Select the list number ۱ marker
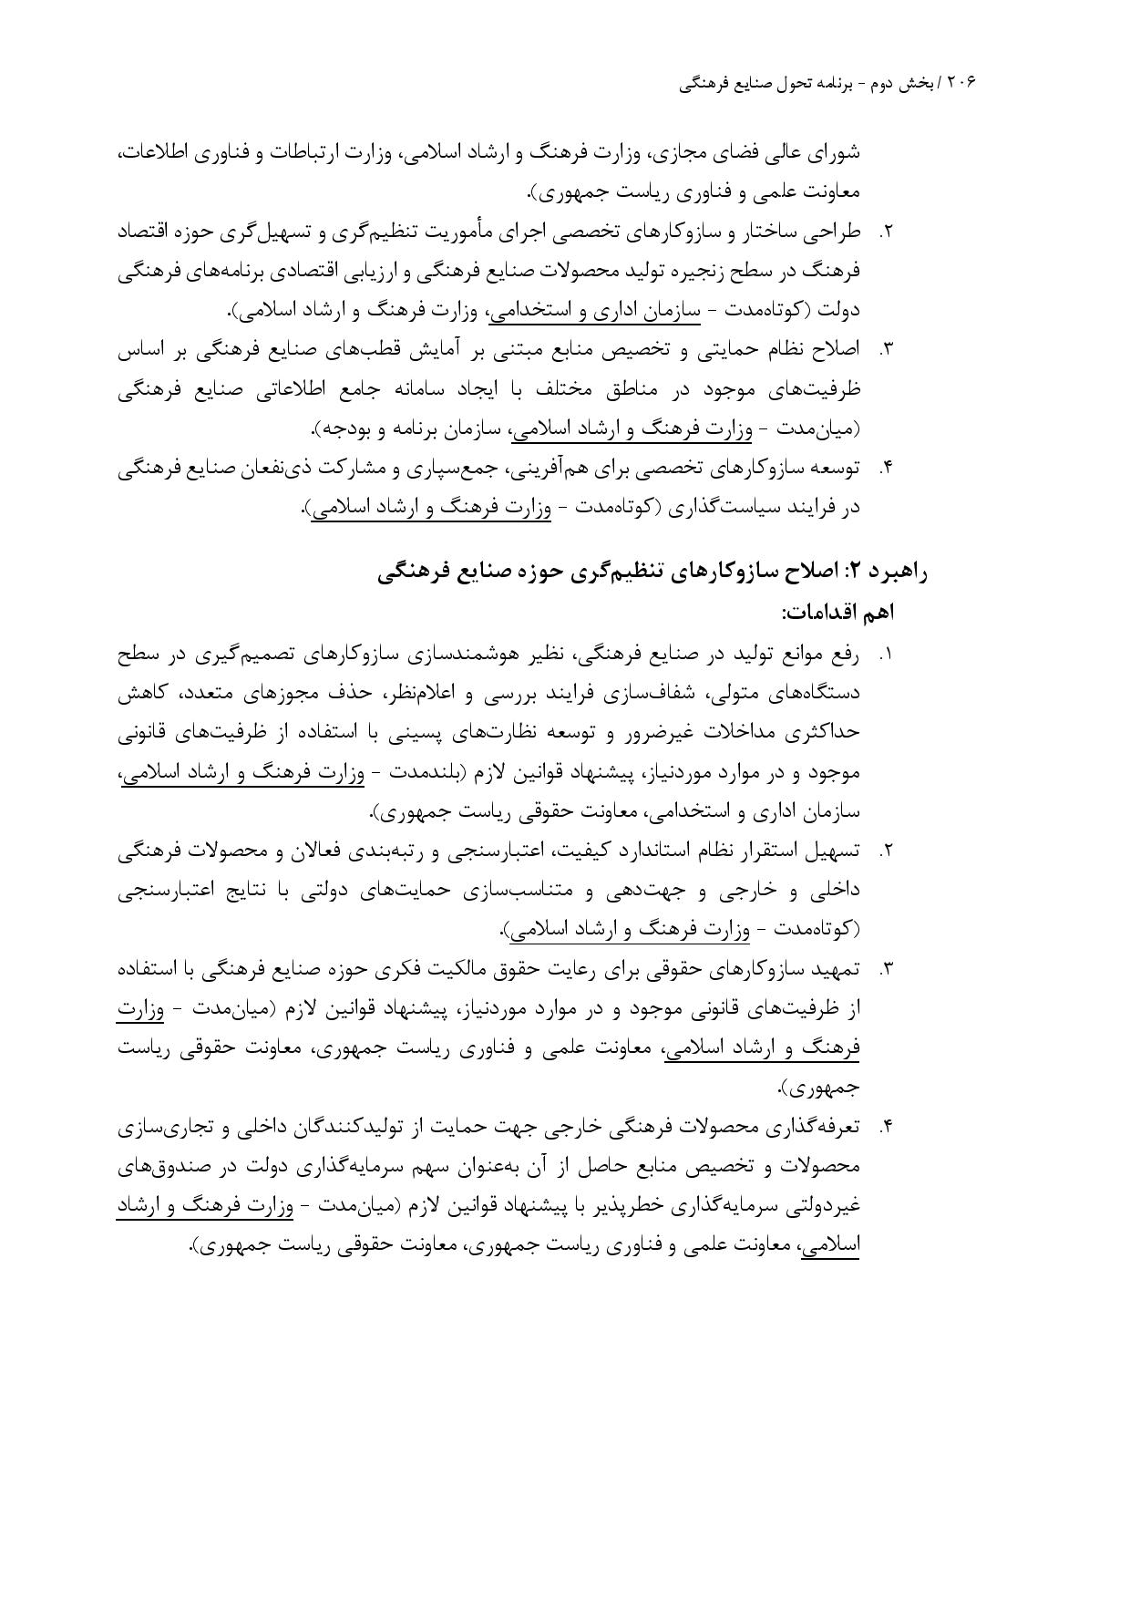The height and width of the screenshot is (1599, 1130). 886,655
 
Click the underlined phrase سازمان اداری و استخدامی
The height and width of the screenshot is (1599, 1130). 595,311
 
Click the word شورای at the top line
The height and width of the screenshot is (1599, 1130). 835,152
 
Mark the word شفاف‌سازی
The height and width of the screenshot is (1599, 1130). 616,694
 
